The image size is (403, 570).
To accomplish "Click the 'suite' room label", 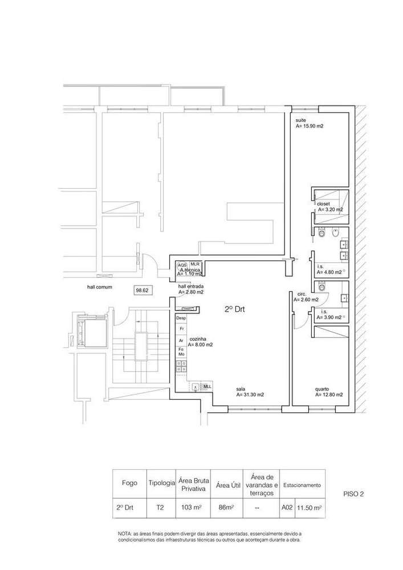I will pyautogui.click(x=301, y=121).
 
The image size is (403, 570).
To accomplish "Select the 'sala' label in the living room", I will pyautogui.click(x=241, y=388).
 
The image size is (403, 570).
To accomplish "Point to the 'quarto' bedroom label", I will pyautogui.click(x=322, y=389).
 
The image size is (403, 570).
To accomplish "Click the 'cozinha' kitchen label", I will pyautogui.click(x=197, y=339).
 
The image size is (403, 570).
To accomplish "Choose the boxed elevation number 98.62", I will pyautogui.click(x=141, y=290).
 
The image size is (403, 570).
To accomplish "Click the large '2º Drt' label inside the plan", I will pyautogui.click(x=235, y=308).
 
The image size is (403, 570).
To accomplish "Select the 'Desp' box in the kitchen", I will pyautogui.click(x=181, y=317).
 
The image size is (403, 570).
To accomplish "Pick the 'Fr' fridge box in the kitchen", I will pyautogui.click(x=181, y=329).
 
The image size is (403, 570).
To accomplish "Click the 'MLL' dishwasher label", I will pyautogui.click(x=206, y=386).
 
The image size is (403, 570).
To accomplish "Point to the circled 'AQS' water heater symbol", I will pyautogui.click(x=182, y=265).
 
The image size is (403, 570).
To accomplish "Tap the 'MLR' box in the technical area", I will pyautogui.click(x=195, y=265).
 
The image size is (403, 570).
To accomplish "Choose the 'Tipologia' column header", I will pyautogui.click(x=161, y=482).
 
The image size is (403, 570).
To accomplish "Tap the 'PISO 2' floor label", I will pyautogui.click(x=356, y=494).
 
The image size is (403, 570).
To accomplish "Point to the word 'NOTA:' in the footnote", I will pyautogui.click(x=124, y=534).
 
